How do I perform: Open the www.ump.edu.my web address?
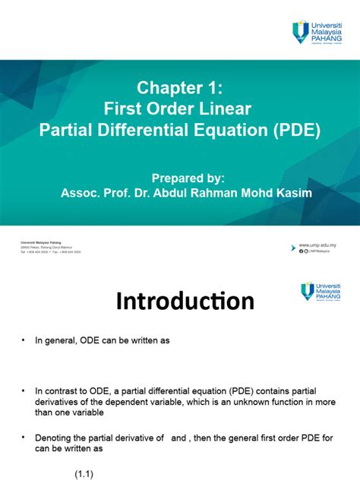click(319, 245)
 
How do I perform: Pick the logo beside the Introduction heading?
click(322, 292)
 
